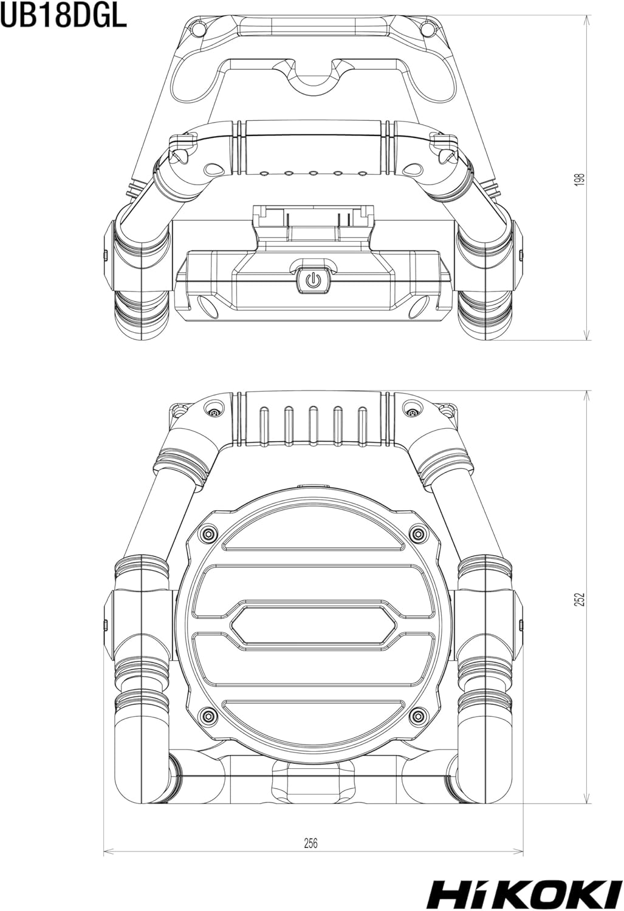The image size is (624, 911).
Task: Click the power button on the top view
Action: pyautogui.click(x=312, y=279)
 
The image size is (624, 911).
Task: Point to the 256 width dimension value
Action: pyautogui.click(x=310, y=843)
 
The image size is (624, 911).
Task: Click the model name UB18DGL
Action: pyautogui.click(x=63, y=18)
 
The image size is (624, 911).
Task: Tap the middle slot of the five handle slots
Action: pyautogui.click(x=313, y=423)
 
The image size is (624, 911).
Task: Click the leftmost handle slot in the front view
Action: pyautogui.click(x=264, y=423)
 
